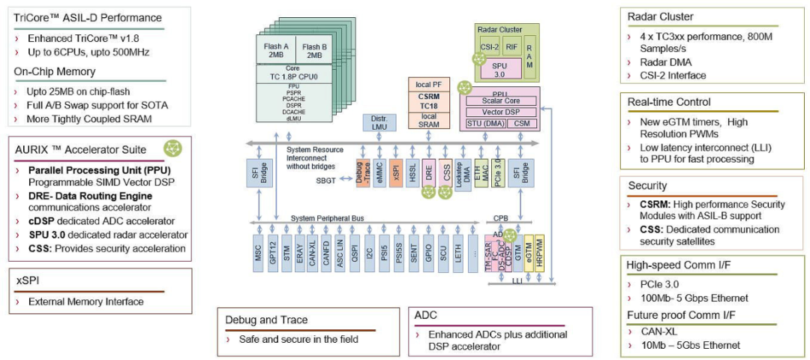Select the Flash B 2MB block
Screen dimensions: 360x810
click(314, 49)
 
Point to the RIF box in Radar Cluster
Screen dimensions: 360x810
click(511, 45)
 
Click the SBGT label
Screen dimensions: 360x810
click(326, 180)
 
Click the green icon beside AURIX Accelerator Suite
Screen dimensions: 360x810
click(173, 148)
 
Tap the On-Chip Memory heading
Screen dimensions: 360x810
click(55, 71)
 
